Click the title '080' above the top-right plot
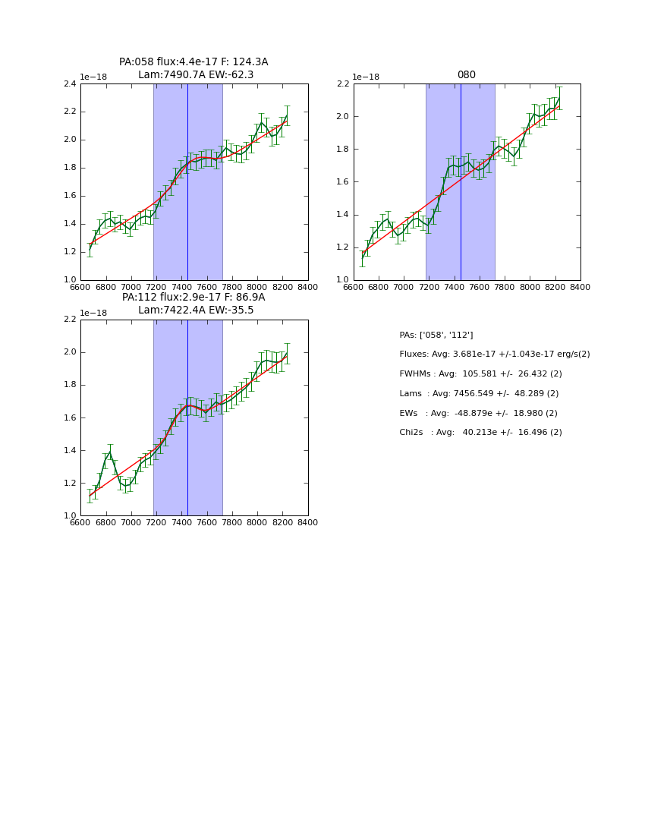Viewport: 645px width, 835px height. tap(466, 75)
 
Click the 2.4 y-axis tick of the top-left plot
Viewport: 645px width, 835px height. tap(70, 84)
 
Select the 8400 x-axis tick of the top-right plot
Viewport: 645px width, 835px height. tap(580, 288)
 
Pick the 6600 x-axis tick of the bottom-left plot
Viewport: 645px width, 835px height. tap(80, 523)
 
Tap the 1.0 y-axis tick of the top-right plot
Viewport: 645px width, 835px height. tap(342, 280)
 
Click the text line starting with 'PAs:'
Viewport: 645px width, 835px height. tap(436, 335)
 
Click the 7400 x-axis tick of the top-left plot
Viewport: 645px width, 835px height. tap(181, 288)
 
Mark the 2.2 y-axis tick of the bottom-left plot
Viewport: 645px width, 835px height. tap(70, 320)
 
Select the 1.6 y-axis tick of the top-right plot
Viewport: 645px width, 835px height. tap(342, 182)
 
